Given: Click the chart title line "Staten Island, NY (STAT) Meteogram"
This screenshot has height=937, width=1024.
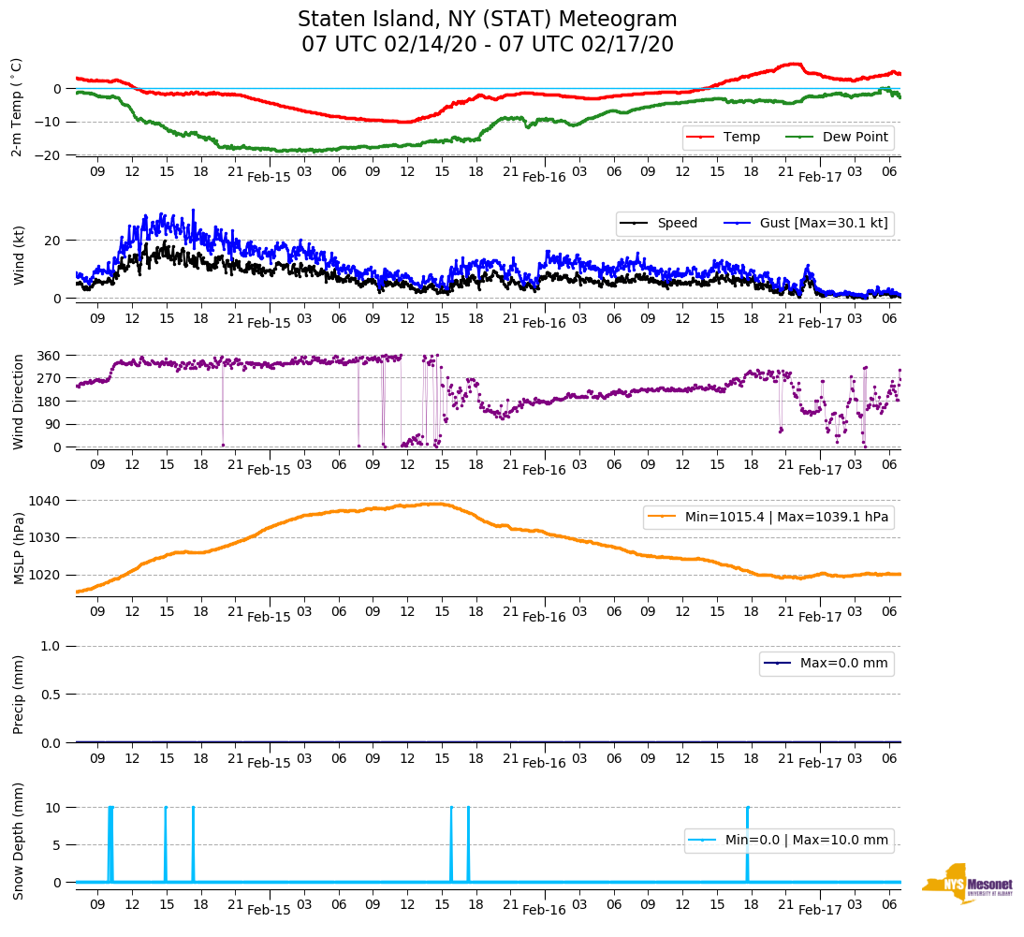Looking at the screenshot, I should tap(487, 20).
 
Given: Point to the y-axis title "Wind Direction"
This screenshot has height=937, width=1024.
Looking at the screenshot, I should tap(19, 402).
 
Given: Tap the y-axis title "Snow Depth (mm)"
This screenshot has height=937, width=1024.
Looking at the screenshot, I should tap(19, 841).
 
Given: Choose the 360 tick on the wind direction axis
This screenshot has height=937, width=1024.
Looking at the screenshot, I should tap(50, 356).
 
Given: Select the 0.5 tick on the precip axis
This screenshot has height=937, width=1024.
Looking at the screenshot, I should tap(51, 695).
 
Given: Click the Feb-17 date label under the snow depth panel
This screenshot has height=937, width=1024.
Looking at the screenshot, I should tap(820, 910).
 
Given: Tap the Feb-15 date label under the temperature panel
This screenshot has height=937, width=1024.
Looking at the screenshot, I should tap(269, 177).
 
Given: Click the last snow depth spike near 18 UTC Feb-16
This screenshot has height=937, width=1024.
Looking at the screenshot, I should tap(747, 842).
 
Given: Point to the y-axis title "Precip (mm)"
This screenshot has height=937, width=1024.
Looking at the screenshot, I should tap(19, 695).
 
